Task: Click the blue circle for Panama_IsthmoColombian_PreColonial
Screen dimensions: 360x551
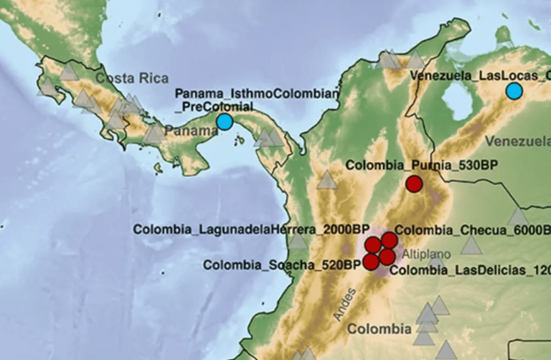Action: pyautogui.click(x=225, y=122)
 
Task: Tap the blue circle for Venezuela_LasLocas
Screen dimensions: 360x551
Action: pyautogui.click(x=514, y=91)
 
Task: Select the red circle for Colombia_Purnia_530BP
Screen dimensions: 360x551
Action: pyautogui.click(x=414, y=184)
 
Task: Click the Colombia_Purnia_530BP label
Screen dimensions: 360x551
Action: pyautogui.click(x=422, y=165)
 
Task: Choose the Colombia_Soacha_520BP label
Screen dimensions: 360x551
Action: pyautogui.click(x=281, y=265)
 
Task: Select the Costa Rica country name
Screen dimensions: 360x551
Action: pyautogui.click(x=132, y=78)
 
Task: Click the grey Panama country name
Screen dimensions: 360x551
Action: pyautogui.click(x=190, y=131)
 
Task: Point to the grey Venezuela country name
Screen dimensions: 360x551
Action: pyautogui.click(x=517, y=141)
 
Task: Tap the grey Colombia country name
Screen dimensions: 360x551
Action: pyautogui.click(x=380, y=330)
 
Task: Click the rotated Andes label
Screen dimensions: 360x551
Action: pyautogui.click(x=344, y=303)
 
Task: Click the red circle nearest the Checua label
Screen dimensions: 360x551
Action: pyautogui.click(x=389, y=240)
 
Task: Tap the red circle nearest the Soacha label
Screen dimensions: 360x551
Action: pyautogui.click(x=371, y=262)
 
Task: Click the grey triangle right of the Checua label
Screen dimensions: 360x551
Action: pyautogui.click(x=471, y=246)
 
